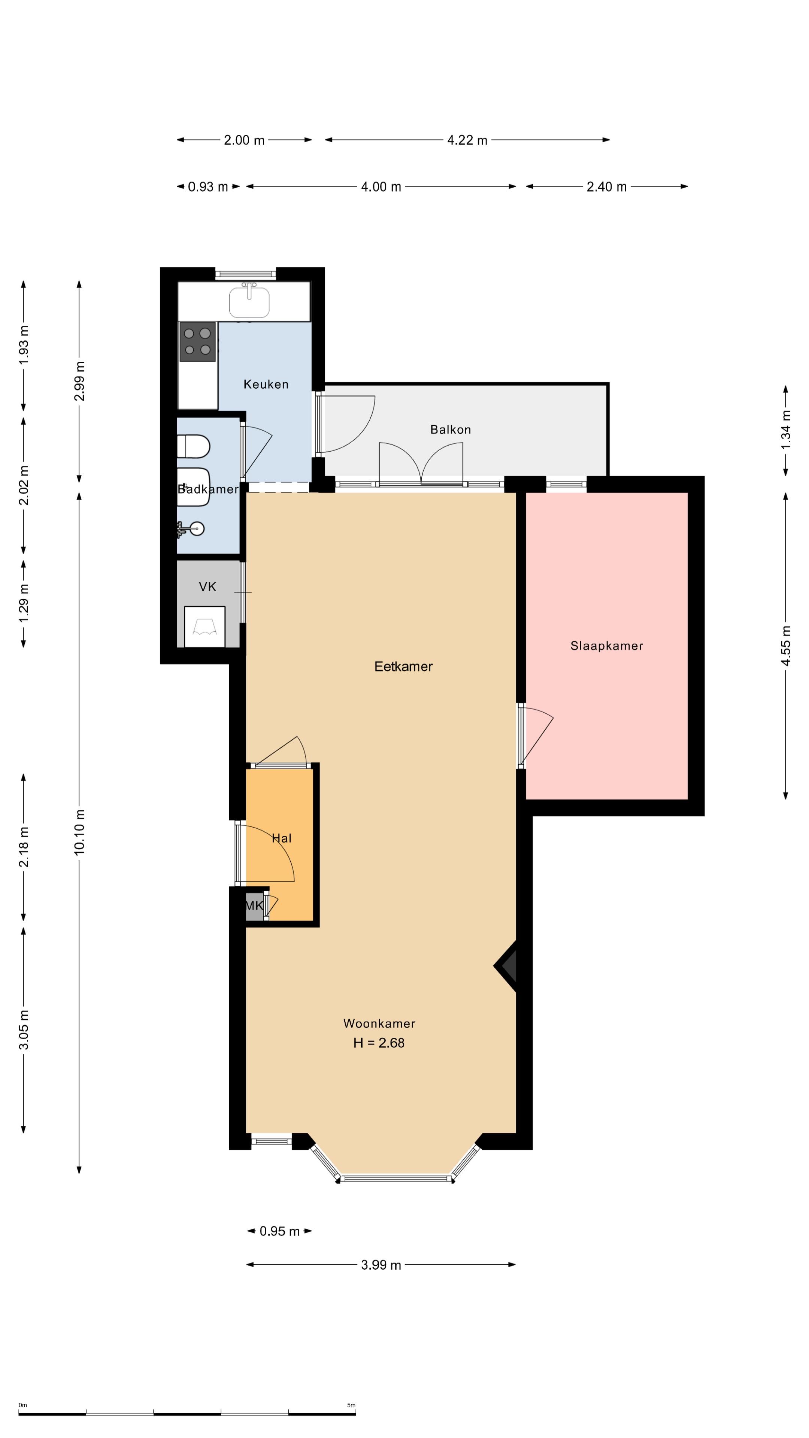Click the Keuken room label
[266, 384]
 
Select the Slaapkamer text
[606, 646]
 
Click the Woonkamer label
[379, 1023]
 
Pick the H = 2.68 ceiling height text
[379, 1043]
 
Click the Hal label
[281, 838]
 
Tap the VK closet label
[207, 587]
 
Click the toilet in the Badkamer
[193, 447]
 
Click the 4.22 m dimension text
[467, 140]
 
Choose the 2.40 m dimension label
[606, 186]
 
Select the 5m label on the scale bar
[351, 1405]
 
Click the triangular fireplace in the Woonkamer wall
[506, 966]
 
